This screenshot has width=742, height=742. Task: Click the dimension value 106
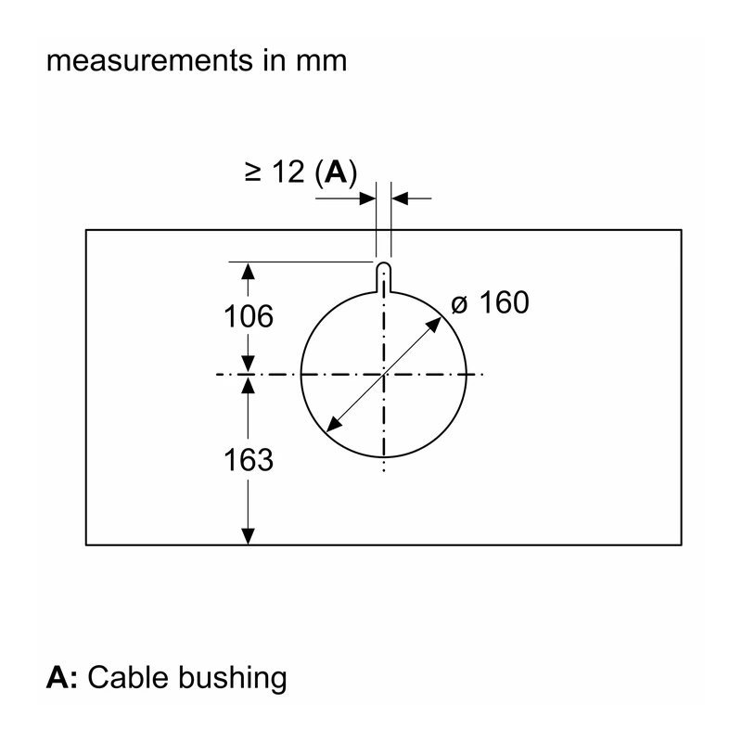tap(249, 316)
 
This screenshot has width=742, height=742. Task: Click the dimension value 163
tap(249, 459)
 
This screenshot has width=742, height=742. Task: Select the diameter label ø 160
tap(490, 302)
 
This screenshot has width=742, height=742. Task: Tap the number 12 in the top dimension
tap(288, 172)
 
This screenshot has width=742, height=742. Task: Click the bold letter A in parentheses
tap(336, 172)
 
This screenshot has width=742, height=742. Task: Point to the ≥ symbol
tap(253, 172)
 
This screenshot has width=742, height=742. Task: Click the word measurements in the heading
tap(149, 61)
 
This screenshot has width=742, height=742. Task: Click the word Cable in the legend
tap(128, 677)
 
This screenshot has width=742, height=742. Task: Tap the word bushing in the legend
tap(233, 679)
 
